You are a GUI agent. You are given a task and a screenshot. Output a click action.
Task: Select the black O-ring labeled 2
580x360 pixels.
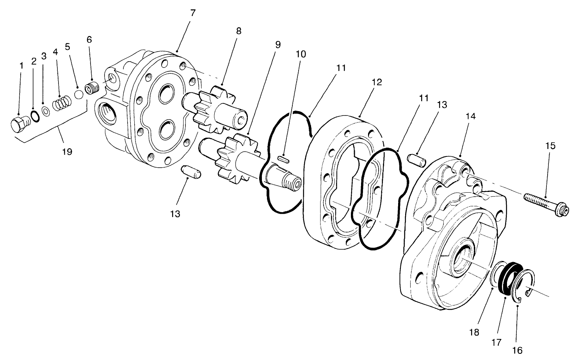click(35, 116)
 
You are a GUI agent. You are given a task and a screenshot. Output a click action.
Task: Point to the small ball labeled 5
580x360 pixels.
click(78, 95)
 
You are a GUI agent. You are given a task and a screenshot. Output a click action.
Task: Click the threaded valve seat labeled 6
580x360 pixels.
click(93, 89)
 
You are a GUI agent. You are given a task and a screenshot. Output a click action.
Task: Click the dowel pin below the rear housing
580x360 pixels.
click(191, 172)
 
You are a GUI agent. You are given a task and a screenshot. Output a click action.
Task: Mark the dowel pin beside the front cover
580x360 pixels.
click(416, 160)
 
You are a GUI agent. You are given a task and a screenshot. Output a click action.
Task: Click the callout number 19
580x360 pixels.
click(67, 151)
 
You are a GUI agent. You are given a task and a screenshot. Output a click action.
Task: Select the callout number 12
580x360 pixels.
click(377, 82)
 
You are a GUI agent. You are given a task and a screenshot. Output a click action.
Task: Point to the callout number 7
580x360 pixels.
click(193, 12)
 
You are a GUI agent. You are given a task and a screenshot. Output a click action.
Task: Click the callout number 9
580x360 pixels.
click(278, 44)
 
